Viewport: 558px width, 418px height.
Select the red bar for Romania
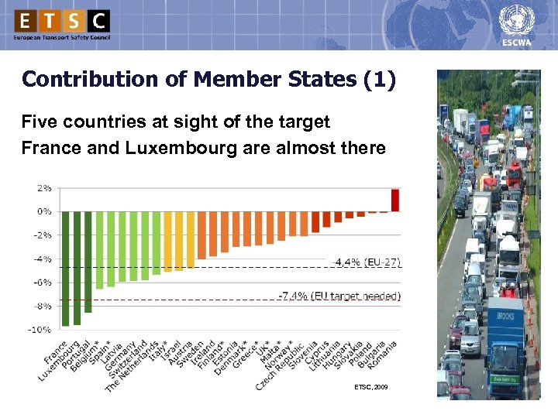click(395, 200)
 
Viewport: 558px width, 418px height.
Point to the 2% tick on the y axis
click(44, 187)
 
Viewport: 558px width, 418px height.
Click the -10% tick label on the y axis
click(42, 330)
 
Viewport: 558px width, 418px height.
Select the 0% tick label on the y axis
click(44, 211)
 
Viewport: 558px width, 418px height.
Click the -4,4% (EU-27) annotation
click(367, 262)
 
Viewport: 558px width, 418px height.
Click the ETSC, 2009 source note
click(370, 385)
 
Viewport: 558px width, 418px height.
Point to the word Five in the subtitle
click(38, 122)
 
